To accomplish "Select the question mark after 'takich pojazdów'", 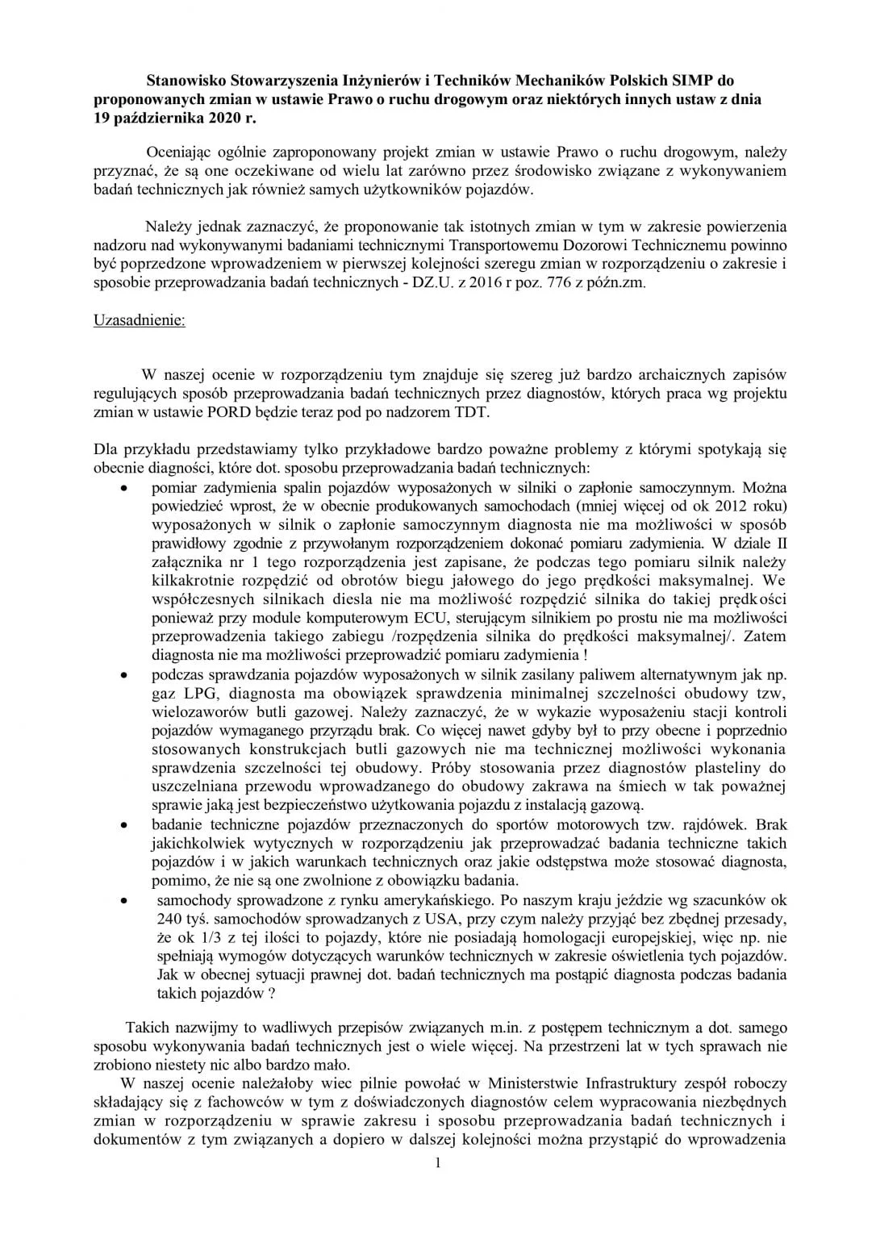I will [x=270, y=995].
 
